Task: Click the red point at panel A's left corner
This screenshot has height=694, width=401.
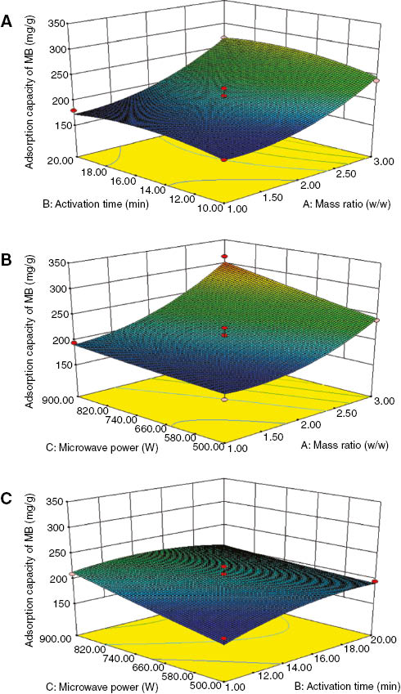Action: [71, 111]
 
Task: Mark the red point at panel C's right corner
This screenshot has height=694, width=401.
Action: [375, 581]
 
